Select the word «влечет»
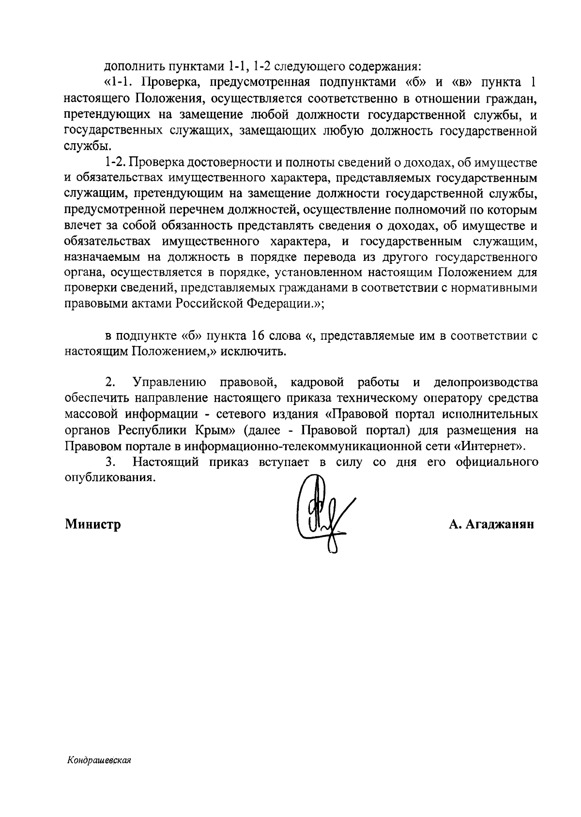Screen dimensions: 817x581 81,226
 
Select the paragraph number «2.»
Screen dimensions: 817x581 110,382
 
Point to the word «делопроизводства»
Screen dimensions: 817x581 486,382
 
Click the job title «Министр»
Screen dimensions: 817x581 93,524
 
